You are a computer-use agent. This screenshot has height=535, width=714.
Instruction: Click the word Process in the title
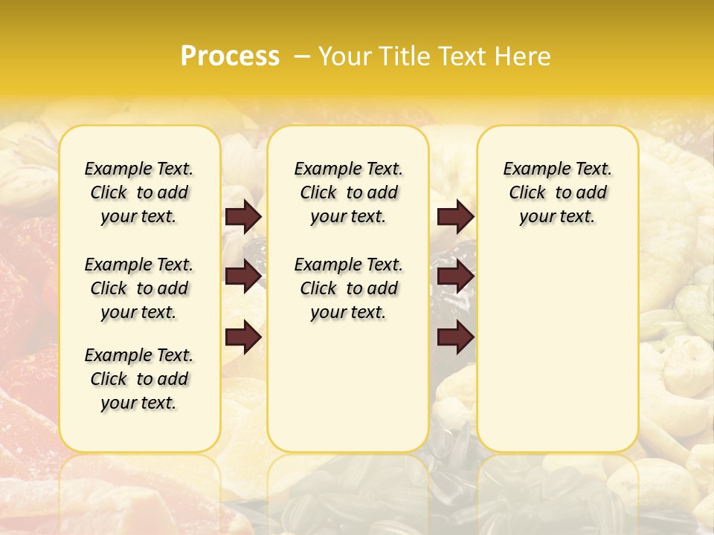click(230, 56)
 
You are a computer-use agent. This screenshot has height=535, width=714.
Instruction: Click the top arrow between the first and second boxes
click(243, 217)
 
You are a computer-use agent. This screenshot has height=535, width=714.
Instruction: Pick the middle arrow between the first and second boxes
click(243, 276)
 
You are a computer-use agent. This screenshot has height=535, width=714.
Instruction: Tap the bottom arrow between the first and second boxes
click(243, 337)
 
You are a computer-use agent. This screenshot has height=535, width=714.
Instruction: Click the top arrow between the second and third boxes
click(455, 217)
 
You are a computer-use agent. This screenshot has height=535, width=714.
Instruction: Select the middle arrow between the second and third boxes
click(455, 276)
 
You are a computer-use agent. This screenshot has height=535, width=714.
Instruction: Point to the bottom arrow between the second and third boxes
click(455, 337)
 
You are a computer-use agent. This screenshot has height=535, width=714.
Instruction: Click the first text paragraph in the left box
click(139, 192)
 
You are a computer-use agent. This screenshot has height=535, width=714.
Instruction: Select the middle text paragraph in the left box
click(139, 288)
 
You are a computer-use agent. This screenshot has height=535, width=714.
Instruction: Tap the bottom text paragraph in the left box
click(139, 379)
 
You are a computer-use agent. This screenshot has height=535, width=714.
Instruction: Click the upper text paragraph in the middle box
click(348, 192)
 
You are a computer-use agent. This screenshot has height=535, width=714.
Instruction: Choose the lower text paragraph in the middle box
click(348, 288)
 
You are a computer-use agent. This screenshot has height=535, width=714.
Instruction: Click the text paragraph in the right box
click(557, 192)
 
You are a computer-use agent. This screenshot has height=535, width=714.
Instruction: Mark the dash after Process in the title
click(303, 56)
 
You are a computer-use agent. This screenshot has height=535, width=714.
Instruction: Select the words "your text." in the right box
click(557, 217)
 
